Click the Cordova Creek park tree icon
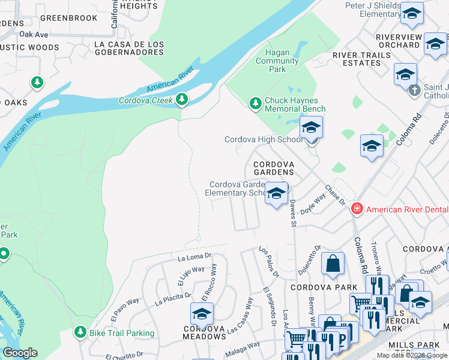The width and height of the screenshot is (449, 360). tap(181, 100)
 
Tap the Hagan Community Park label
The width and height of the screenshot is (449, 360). tap(277, 61)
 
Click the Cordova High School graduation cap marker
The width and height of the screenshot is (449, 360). tap(311, 128)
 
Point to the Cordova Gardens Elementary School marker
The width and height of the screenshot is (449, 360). tap(276, 194)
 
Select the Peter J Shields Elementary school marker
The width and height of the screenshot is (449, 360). tap(411, 14)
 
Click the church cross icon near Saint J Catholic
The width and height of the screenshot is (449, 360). tap(414, 91)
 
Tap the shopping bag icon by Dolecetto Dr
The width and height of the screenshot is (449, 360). tap(333, 264)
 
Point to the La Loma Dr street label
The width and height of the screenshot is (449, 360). tap(196, 257)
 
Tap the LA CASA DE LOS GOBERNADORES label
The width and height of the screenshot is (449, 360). tap(130, 49)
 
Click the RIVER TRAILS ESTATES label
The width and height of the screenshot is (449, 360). tap(361, 59)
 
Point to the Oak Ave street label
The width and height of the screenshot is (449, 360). tap(33, 34)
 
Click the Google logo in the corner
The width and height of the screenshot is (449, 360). tap(20, 353)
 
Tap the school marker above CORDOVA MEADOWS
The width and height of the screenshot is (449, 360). tap(202, 314)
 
